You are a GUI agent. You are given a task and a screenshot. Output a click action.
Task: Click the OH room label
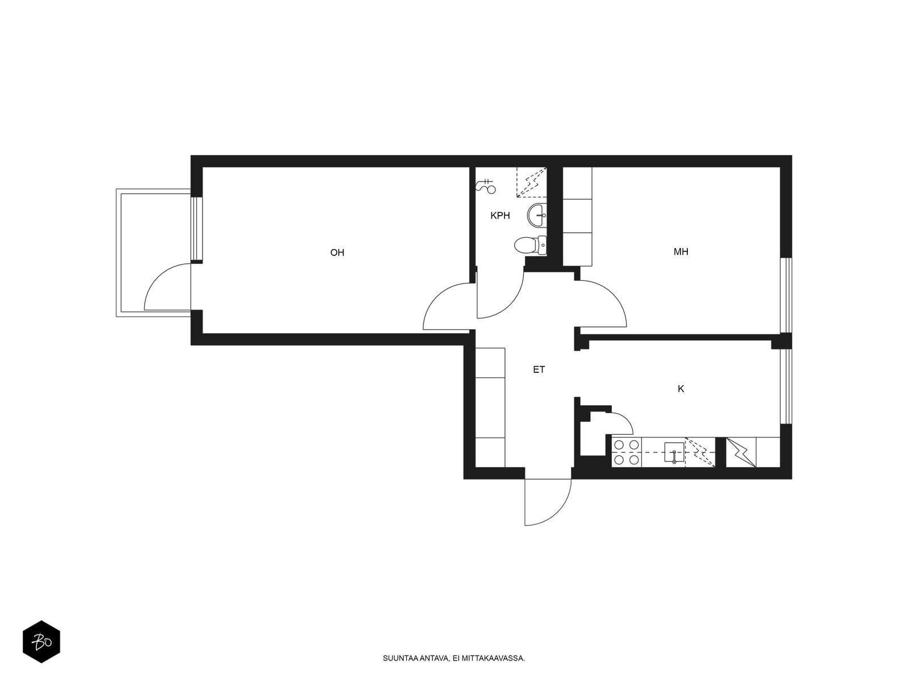337,253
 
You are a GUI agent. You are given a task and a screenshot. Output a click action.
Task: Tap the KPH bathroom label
500,216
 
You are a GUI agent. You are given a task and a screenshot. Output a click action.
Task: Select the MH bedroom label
681,251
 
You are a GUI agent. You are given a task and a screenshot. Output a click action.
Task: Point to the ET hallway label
539,369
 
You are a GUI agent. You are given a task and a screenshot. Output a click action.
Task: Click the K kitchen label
681,389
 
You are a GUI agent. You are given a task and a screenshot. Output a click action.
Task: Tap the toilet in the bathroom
530,245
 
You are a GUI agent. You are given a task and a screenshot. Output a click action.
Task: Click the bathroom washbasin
537,216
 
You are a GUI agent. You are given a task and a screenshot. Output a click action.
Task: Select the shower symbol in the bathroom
486,187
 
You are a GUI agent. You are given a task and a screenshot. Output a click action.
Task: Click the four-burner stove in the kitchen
627,452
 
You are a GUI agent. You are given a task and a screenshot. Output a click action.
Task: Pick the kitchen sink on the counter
674,452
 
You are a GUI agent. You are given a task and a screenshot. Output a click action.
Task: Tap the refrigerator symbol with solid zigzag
741,452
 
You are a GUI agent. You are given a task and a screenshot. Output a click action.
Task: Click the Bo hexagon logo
41,642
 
